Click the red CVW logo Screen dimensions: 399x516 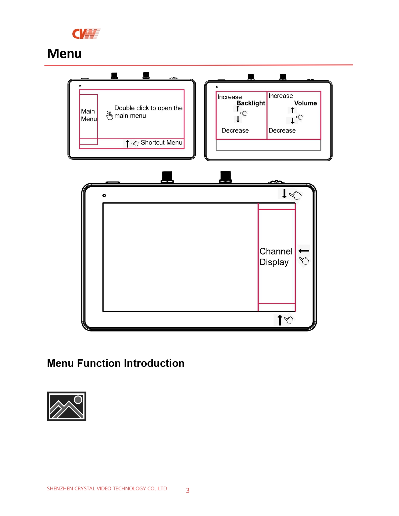click(x=86, y=34)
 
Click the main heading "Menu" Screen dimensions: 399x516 click(x=64, y=53)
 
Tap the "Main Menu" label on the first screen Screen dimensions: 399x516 click(x=89, y=115)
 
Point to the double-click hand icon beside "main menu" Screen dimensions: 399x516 click(x=110, y=115)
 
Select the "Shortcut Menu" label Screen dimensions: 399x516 click(x=161, y=143)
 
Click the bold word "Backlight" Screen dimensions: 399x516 click(x=251, y=103)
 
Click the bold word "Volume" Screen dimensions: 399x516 click(x=306, y=103)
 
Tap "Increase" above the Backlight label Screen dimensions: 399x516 click(x=230, y=97)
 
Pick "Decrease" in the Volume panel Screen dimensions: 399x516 click(x=282, y=130)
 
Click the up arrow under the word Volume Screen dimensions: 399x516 click(x=293, y=110)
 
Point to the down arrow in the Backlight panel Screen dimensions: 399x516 click(x=238, y=119)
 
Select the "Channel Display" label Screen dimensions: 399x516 click(x=276, y=257)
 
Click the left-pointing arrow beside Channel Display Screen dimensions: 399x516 click(x=304, y=251)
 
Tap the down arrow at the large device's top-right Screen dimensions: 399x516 click(x=284, y=194)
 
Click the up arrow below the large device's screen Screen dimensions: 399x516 click(x=280, y=320)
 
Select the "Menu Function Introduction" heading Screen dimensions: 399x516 click(x=116, y=363)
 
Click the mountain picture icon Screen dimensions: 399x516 click(x=67, y=406)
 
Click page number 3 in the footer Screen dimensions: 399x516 click(x=188, y=490)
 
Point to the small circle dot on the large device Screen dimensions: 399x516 click(x=104, y=196)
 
